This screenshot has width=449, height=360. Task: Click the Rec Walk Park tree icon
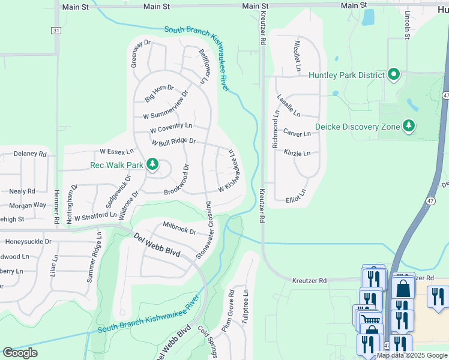152,164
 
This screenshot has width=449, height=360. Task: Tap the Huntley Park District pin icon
394,74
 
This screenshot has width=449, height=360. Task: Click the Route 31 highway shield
56,30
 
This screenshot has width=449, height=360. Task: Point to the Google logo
20,353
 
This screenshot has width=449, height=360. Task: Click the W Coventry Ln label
171,128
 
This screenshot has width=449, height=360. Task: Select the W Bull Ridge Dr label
173,142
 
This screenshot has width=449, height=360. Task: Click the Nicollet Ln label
297,56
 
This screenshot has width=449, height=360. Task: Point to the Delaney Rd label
30,154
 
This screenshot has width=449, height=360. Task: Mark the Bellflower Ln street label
206,66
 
